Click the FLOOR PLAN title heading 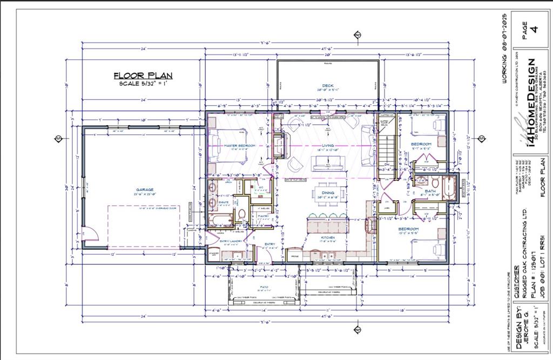point(143,76)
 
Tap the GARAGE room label point(145,189)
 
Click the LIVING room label point(327,146)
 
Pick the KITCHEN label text point(327,237)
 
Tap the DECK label point(327,86)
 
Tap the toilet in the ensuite point(242,214)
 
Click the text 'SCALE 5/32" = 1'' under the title point(143,84)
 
